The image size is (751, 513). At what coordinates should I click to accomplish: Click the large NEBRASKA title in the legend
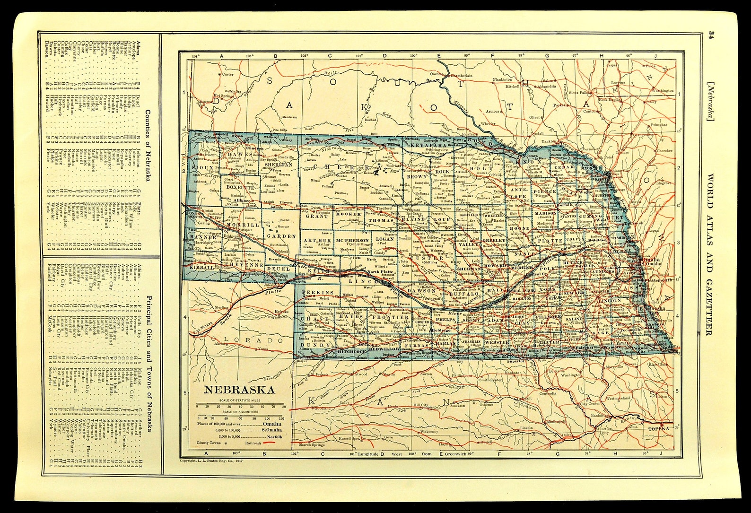click(x=239, y=390)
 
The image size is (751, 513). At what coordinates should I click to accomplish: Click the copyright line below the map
click(x=210, y=461)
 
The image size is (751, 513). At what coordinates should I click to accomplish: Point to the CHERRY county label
click(x=349, y=167)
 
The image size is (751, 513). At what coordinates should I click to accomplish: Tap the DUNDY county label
click(x=314, y=345)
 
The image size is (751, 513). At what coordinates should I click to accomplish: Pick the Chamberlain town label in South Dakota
click(x=461, y=75)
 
